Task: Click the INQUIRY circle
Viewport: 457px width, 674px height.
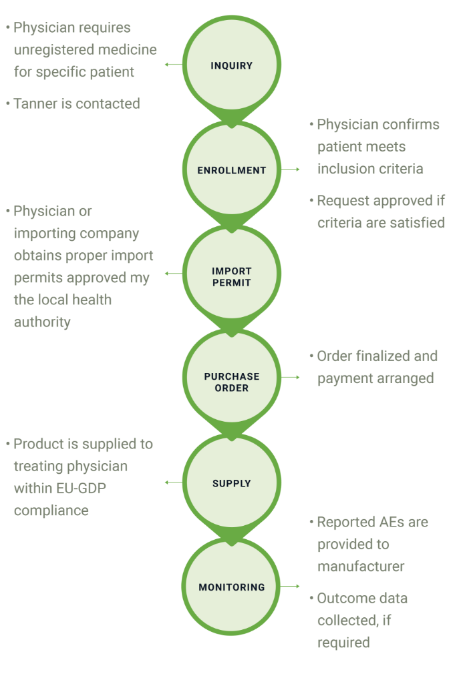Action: click(231, 65)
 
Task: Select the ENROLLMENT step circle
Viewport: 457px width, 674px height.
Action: click(231, 170)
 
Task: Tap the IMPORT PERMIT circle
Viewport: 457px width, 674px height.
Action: click(231, 276)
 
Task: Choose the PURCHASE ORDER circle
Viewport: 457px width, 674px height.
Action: click(231, 382)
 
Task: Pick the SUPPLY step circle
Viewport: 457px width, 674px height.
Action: click(231, 483)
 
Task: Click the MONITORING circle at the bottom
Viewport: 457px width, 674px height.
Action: click(231, 587)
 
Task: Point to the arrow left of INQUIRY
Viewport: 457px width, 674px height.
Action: click(172, 65)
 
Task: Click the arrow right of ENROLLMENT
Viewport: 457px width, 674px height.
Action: click(291, 170)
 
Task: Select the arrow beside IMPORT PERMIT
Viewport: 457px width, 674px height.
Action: click(172, 274)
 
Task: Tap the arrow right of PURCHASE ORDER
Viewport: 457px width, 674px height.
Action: click(291, 377)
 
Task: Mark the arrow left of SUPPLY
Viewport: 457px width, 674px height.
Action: click(172, 482)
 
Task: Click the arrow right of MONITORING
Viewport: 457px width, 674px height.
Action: click(291, 587)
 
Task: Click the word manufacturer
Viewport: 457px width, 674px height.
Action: click(361, 567)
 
